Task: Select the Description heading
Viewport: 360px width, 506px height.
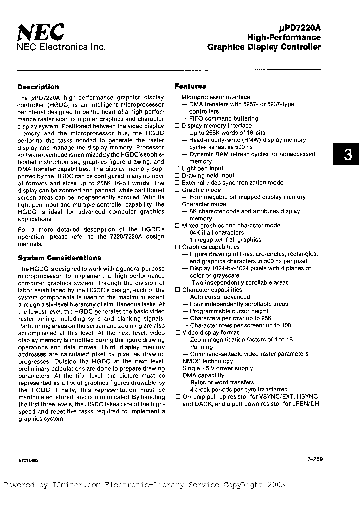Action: [x=38, y=87]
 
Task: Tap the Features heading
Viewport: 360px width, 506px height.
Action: [x=190, y=86]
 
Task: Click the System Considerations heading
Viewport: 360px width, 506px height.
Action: [x=59, y=258]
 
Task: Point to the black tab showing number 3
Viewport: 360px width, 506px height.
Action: [x=347, y=155]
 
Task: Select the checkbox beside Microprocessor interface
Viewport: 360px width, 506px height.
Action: [x=177, y=97]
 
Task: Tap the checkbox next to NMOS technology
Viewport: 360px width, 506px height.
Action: [x=177, y=361]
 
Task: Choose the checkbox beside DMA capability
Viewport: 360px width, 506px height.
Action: [x=177, y=375]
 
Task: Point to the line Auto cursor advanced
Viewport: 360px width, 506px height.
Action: [x=220, y=297]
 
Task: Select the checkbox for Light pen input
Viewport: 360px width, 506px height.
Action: [x=177, y=169]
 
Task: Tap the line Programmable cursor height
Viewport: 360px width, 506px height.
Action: [x=229, y=311]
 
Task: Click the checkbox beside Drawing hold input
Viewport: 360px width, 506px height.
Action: [x=177, y=176]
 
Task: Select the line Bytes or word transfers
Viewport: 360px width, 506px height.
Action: [x=222, y=382]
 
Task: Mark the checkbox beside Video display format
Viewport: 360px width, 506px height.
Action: [x=177, y=333]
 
